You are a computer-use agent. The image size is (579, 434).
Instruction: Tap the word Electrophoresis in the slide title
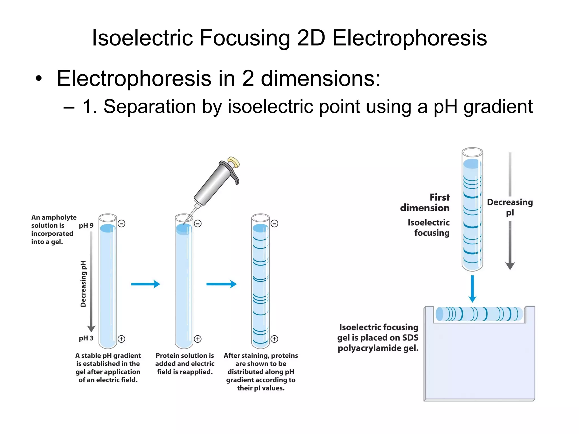410,38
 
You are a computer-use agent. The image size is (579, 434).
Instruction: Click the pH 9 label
86,225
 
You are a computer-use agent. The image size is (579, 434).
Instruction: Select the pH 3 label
86,338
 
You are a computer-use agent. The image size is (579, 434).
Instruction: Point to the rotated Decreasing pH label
83,284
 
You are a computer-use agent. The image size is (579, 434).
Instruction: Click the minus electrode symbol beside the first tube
122,224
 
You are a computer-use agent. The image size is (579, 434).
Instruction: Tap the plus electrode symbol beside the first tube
122,339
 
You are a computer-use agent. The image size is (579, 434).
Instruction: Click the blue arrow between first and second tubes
145,284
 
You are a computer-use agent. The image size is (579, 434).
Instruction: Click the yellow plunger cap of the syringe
234,162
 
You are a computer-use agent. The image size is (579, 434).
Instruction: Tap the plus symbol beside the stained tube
274,339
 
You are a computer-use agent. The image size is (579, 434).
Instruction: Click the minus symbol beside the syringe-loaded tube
198,224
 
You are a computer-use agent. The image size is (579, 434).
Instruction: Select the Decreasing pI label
510,207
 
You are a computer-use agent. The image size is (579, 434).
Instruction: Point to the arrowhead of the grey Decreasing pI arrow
510,266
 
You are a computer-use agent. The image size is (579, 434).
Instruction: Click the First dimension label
425,202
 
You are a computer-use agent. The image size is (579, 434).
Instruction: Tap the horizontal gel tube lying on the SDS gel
479,314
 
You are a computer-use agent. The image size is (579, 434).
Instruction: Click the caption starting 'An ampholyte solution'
53,229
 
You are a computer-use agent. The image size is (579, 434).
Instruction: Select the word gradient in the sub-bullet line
498,107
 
